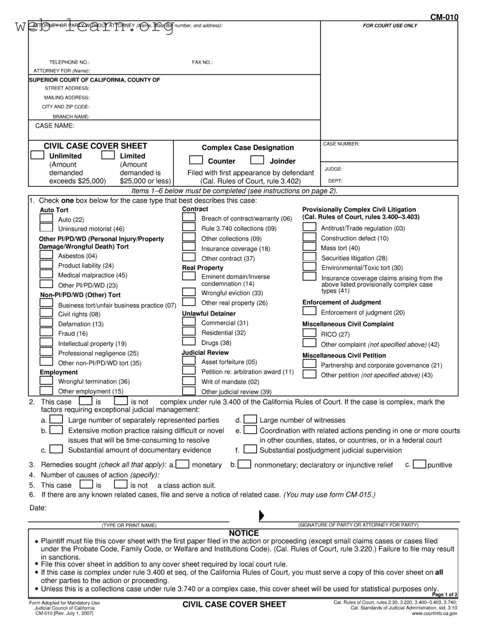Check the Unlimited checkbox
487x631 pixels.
(x=37, y=155)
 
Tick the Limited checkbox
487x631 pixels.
(x=108, y=155)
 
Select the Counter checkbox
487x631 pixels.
(x=196, y=160)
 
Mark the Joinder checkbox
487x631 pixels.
(x=257, y=160)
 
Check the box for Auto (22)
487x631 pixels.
(x=46, y=218)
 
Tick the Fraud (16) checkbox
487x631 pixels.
(x=46, y=333)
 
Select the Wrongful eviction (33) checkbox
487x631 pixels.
(x=189, y=292)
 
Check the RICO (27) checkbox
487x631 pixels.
(x=309, y=333)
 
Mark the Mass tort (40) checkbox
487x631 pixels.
(x=309, y=247)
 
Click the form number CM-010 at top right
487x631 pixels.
(x=444, y=18)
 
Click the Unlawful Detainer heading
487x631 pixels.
(x=209, y=314)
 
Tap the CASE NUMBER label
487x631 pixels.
(x=341, y=144)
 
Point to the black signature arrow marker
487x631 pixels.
(x=261, y=515)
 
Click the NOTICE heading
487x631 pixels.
(x=244, y=534)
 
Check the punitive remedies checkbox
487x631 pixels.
(x=419, y=464)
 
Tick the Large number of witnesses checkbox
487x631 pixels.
(x=250, y=419)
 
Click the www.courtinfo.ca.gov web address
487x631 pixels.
(x=434, y=613)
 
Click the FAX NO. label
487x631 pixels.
(x=202, y=62)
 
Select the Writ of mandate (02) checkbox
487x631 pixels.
(x=189, y=380)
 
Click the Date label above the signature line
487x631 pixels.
(x=38, y=508)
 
